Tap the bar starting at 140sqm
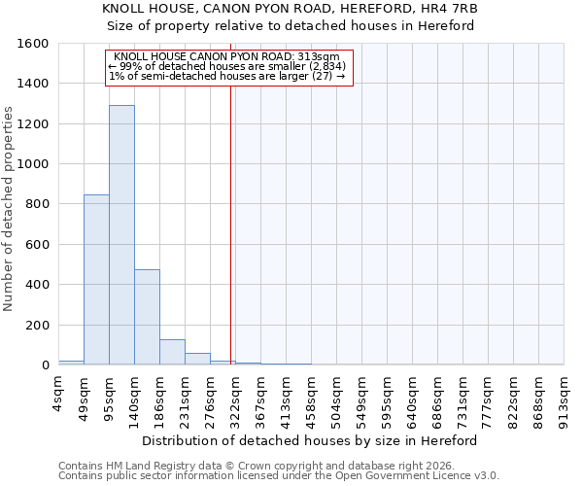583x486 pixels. (147, 317)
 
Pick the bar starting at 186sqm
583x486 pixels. (172, 352)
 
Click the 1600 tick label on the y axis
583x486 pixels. (33, 44)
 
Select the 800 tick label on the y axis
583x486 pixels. (37, 204)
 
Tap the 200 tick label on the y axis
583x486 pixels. (37, 325)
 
